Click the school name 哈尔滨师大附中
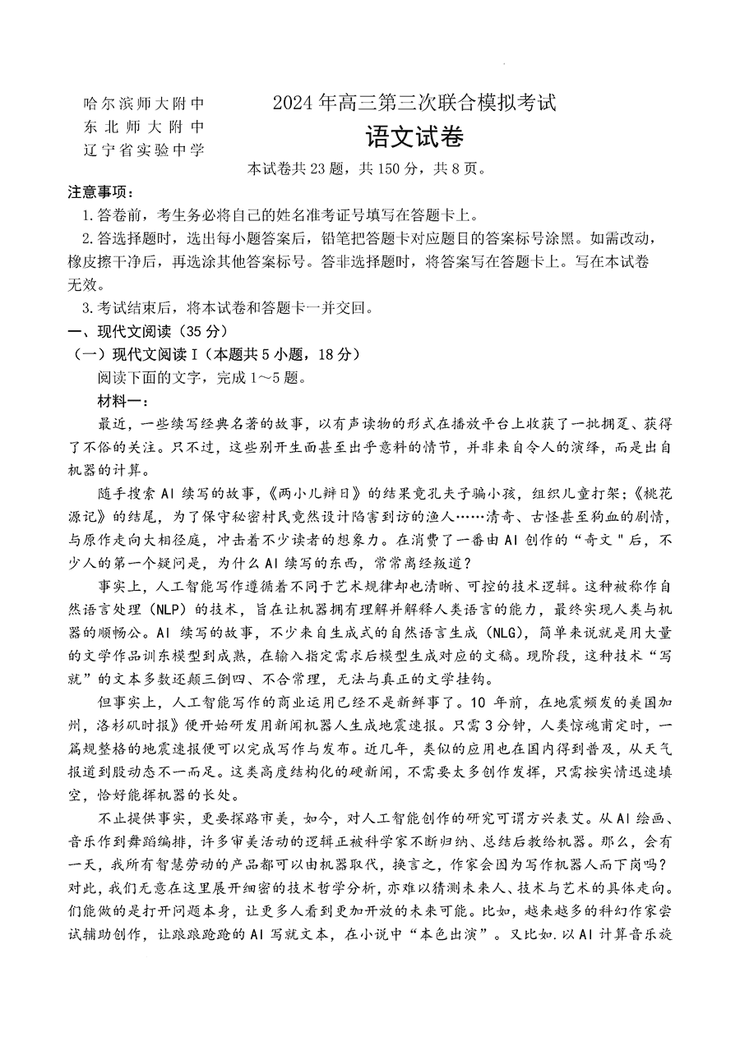coord(143,104)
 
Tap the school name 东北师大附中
coord(143,127)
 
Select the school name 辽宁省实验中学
coord(143,149)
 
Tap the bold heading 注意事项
coord(97,193)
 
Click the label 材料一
coord(122,400)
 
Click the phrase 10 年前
coord(486,703)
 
